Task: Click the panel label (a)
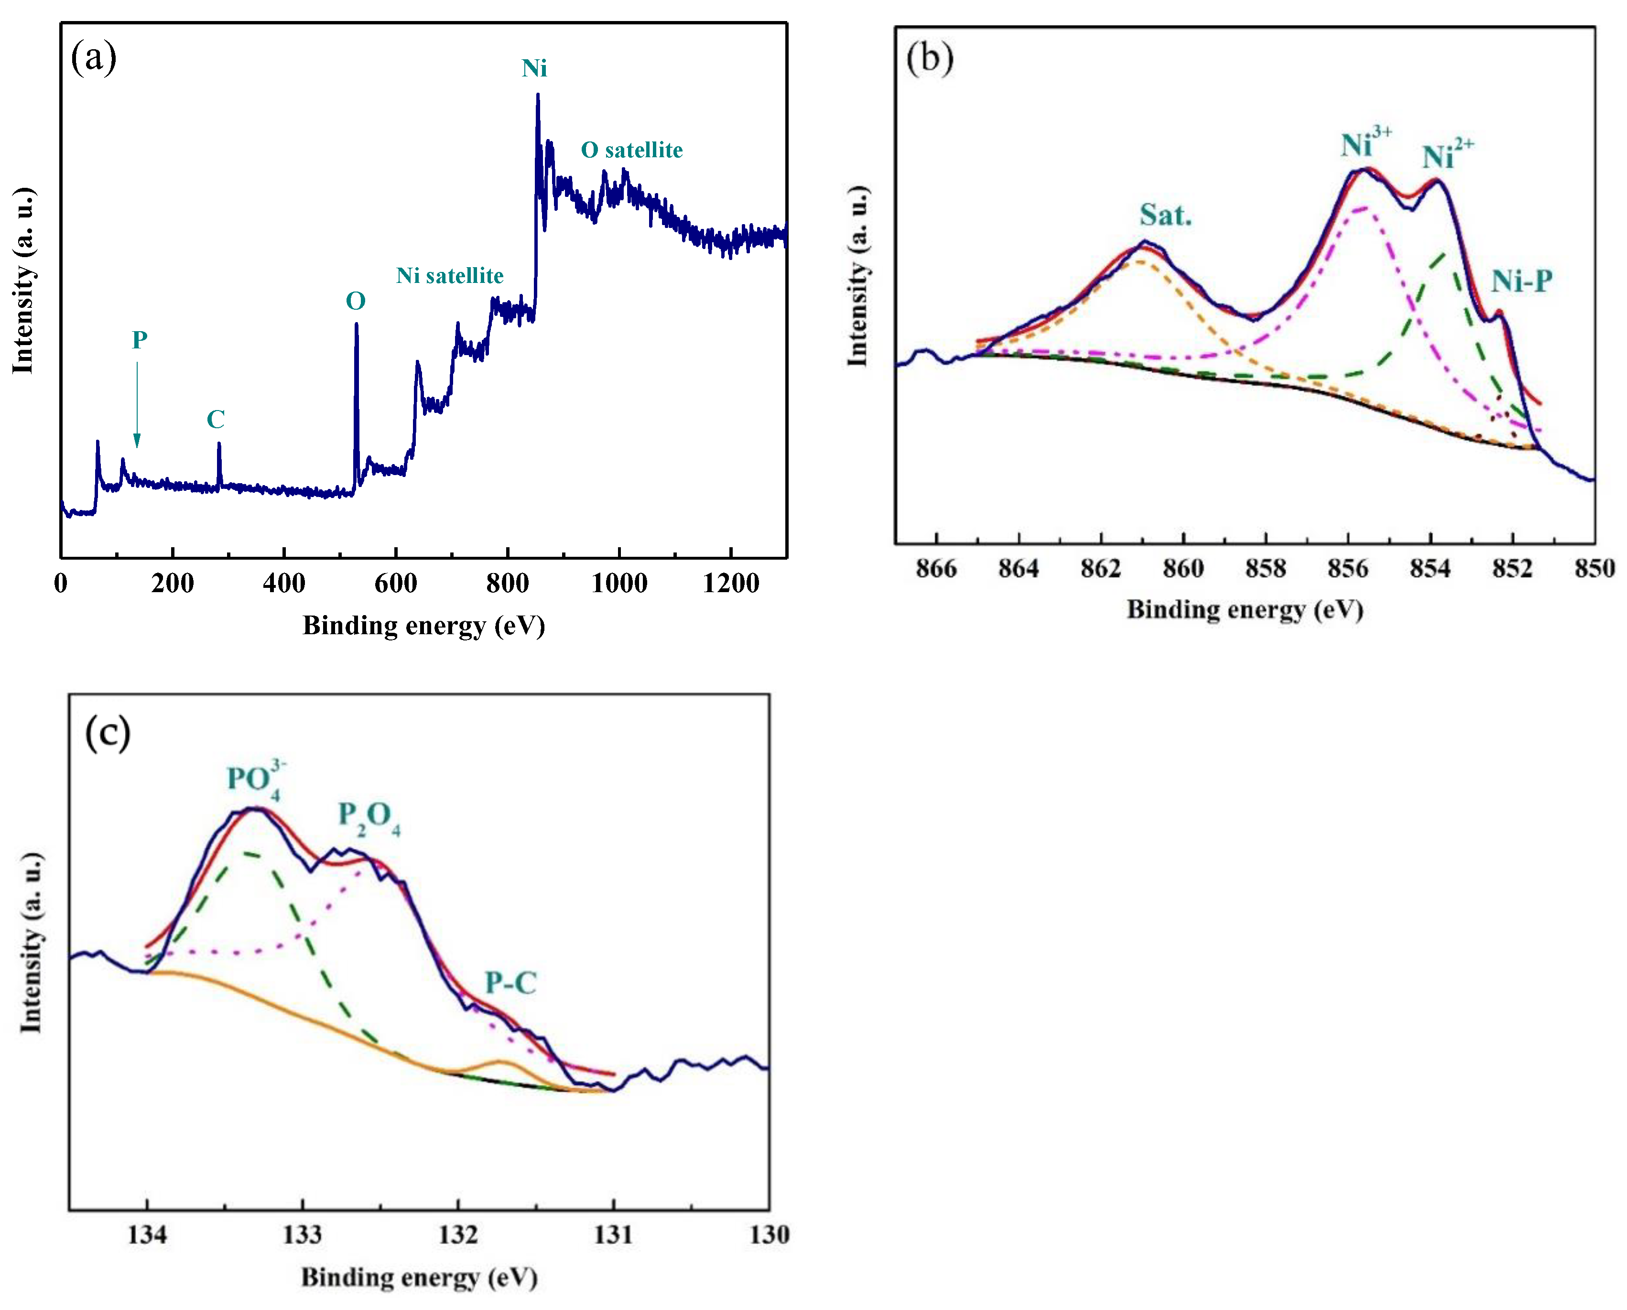(x=94, y=57)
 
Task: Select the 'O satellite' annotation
(x=631, y=150)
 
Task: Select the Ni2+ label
(x=1447, y=155)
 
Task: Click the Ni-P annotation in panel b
(x=1520, y=281)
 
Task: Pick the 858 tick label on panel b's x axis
(x=1266, y=568)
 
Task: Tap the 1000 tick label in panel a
(x=619, y=584)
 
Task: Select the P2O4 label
(x=369, y=817)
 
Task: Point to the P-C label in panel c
(x=510, y=983)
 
